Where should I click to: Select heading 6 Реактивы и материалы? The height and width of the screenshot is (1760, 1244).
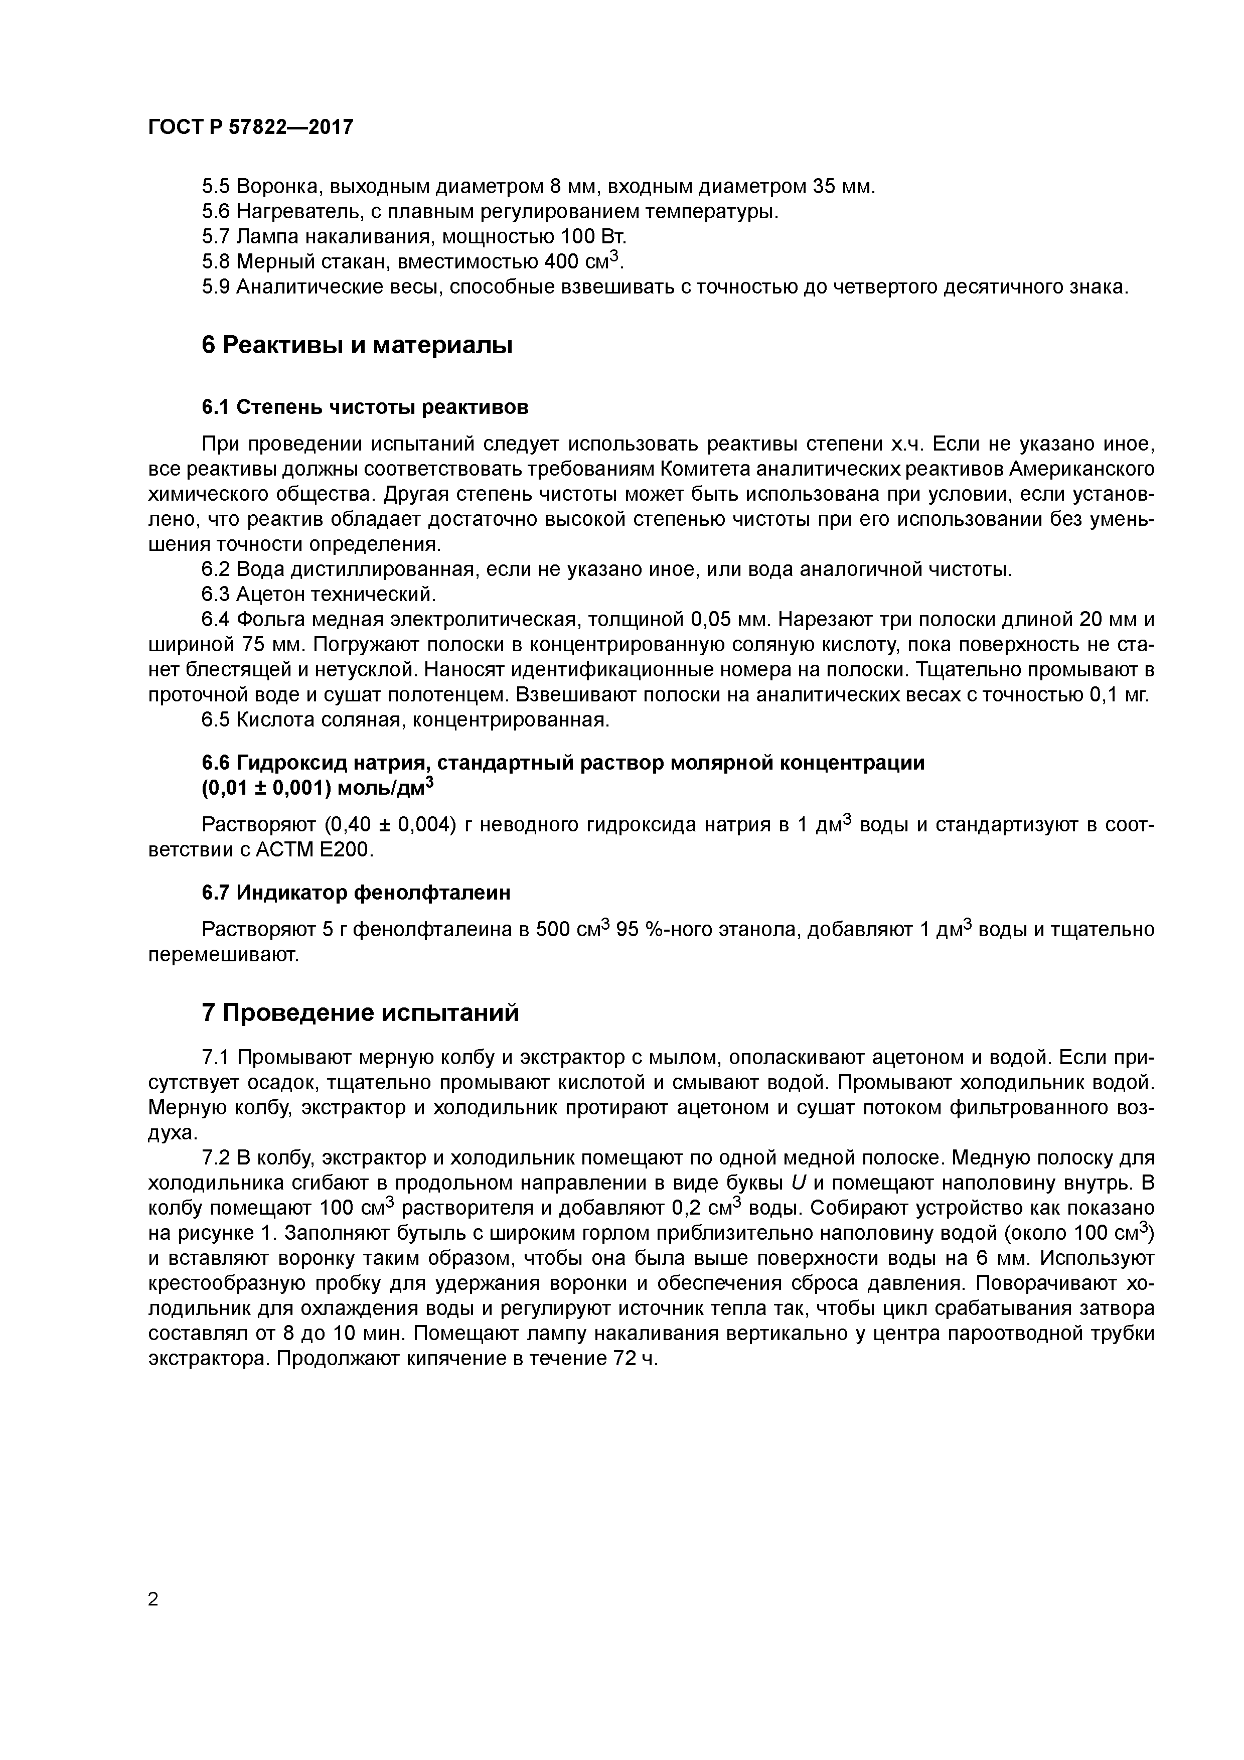(x=357, y=346)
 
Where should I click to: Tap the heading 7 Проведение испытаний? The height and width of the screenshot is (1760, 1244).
(x=360, y=1012)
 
